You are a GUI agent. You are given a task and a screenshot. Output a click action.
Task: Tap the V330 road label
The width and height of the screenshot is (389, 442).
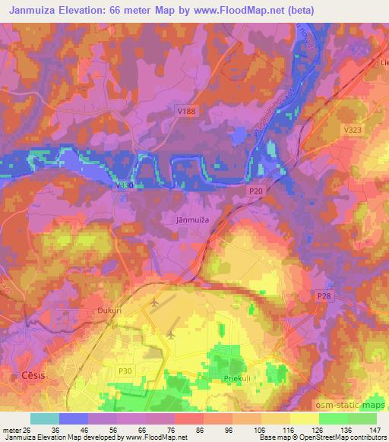[127, 185]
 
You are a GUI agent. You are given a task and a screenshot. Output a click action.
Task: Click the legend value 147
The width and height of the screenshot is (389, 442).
[375, 429]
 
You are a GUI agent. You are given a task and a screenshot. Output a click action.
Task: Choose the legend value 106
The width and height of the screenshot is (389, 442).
[246, 429]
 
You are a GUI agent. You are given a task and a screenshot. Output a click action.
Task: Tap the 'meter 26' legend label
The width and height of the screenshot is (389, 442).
[14, 429]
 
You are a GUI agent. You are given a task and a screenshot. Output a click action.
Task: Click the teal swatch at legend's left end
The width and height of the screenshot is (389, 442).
[44, 418]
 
